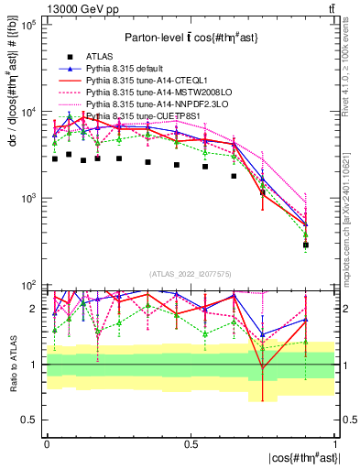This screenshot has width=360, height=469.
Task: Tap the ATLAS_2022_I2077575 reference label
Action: tap(190, 274)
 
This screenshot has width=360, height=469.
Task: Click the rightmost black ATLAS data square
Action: tap(306, 245)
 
